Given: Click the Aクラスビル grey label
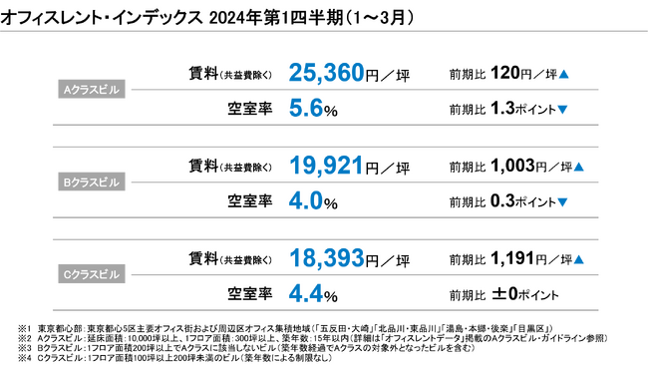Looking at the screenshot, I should pos(92,89).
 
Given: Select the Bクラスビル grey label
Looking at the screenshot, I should pos(92,184).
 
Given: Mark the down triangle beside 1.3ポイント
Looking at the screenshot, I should pos(563,108).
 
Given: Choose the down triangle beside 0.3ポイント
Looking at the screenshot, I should pos(563,202).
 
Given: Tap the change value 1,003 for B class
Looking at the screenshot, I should pos(512,167).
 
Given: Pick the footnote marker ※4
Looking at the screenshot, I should pos(25,358).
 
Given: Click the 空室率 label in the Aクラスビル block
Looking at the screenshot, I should pos(249,107).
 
